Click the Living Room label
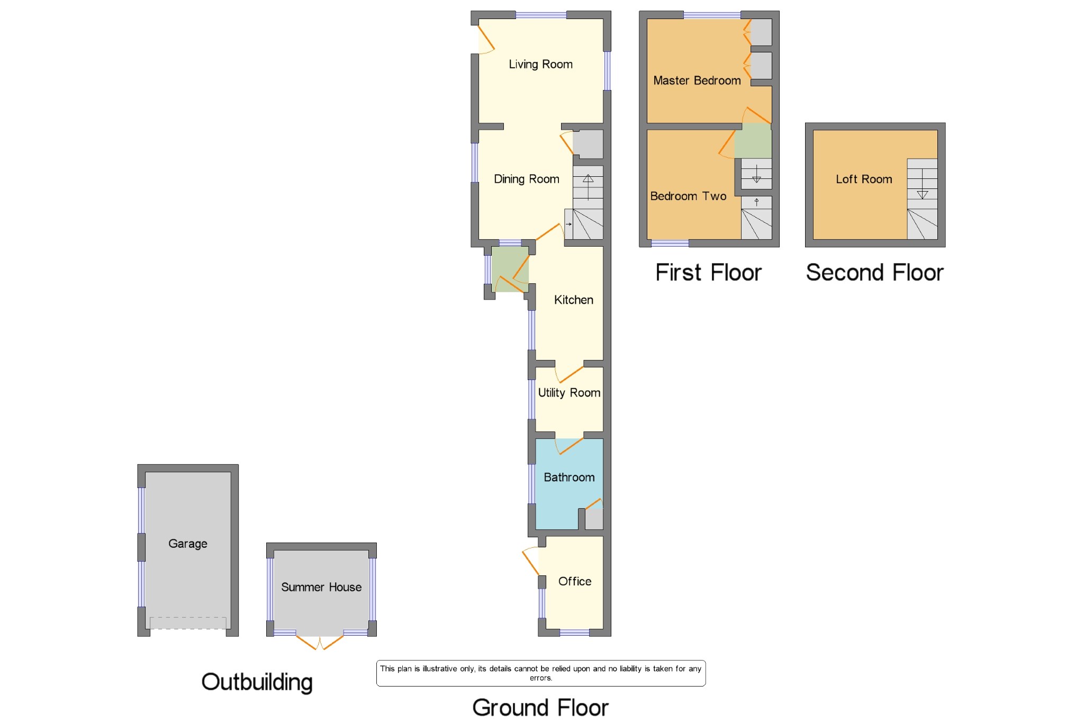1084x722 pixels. [x=540, y=64]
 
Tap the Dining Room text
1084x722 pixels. [x=526, y=179]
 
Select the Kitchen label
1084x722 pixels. [x=573, y=300]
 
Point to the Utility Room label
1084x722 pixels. [x=569, y=393]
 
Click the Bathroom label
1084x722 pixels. [x=569, y=477]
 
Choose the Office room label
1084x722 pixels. [x=575, y=581]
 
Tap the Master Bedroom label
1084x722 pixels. [x=697, y=80]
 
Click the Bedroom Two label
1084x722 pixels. [x=688, y=196]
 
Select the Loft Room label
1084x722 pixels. [x=864, y=179]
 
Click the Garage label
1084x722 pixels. [x=187, y=544]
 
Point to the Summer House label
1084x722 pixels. [x=321, y=587]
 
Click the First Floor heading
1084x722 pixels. [x=708, y=273]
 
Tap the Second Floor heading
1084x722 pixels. [x=874, y=273]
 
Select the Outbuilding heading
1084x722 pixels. [x=257, y=682]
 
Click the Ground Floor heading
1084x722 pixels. [x=540, y=708]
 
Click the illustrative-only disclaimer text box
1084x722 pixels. [x=540, y=673]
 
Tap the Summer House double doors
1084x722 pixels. [x=320, y=642]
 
